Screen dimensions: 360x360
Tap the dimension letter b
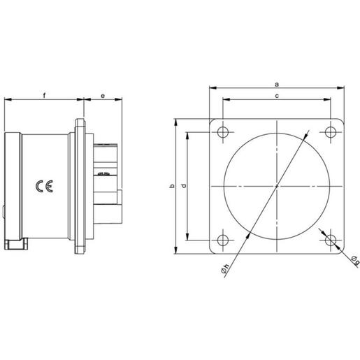point(171,187)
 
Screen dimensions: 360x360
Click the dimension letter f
point(44,94)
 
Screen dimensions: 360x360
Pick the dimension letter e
point(103,94)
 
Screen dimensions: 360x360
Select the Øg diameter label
point(354,262)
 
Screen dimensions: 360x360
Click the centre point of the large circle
point(278,187)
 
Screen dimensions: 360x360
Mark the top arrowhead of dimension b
point(175,122)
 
